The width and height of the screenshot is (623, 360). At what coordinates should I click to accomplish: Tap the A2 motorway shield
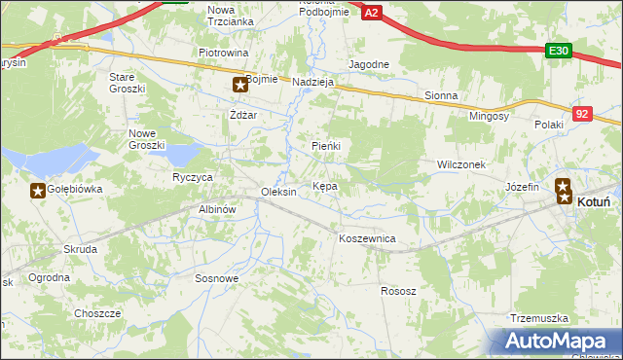click(x=371, y=11)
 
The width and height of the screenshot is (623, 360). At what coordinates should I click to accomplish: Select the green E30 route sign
click(x=558, y=52)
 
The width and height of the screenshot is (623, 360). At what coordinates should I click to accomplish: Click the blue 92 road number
click(x=581, y=114)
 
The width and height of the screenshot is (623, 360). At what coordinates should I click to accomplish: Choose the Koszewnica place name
click(x=366, y=237)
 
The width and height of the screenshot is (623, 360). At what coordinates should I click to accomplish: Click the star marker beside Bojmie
click(x=239, y=86)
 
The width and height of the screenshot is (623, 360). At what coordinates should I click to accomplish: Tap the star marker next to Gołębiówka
click(x=37, y=191)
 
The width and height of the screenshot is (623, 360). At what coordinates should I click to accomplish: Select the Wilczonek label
click(x=461, y=165)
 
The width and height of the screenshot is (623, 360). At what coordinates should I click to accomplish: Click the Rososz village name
click(x=398, y=291)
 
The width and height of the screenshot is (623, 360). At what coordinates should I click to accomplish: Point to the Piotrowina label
click(x=224, y=53)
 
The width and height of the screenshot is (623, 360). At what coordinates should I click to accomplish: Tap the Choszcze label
click(x=97, y=313)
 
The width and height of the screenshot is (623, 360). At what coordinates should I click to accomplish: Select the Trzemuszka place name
click(x=538, y=318)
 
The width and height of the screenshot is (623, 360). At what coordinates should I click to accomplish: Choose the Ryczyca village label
click(x=193, y=178)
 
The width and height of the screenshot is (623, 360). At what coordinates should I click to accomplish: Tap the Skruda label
click(x=80, y=249)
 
